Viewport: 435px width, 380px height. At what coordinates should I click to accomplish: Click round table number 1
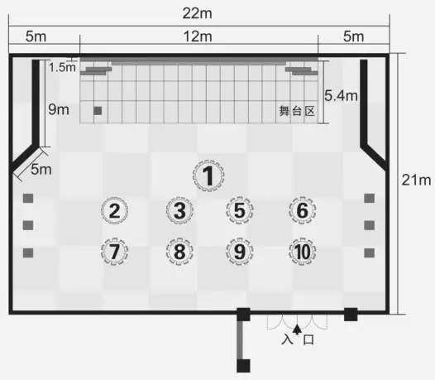(208, 176)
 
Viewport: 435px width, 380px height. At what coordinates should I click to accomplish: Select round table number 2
(114, 210)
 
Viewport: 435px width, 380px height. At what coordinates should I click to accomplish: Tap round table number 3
(179, 210)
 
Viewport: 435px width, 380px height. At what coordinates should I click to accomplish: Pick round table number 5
(240, 210)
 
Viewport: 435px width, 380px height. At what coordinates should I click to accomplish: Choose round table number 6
(303, 210)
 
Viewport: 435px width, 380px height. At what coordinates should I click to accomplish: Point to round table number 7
(114, 252)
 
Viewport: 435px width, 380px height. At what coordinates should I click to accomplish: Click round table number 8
(179, 252)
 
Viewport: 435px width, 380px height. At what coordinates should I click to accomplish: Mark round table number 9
(240, 252)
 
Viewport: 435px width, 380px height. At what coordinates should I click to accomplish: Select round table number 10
(303, 252)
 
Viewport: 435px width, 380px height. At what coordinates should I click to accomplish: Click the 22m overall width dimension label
(198, 13)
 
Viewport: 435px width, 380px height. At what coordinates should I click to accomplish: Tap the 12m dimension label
(198, 36)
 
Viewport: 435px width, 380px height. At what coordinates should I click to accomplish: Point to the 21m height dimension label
(416, 180)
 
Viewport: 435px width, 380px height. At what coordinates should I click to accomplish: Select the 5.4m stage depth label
(341, 96)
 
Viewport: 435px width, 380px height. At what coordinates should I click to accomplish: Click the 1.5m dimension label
(62, 67)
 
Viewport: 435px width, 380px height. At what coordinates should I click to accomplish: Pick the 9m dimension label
(59, 109)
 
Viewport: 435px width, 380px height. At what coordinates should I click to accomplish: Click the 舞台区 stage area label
(297, 111)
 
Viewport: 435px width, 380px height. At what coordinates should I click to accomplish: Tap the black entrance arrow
(297, 329)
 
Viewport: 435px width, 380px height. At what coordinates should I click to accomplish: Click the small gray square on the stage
(98, 111)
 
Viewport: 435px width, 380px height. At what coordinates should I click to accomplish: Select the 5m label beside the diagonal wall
(41, 170)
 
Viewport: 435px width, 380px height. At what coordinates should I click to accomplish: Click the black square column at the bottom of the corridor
(243, 366)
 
